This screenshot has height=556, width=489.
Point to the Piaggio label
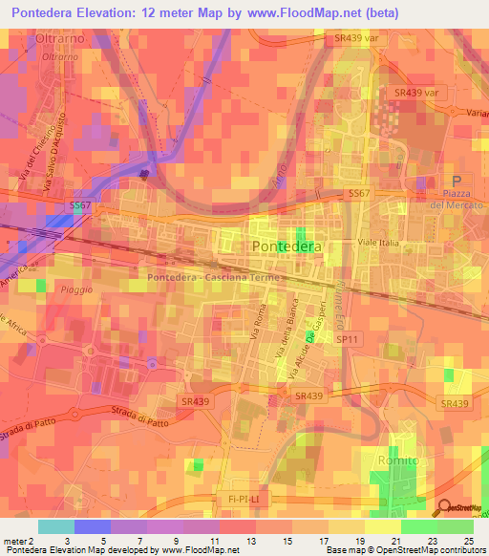tap(74, 289)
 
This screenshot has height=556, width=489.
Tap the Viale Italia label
tap(377, 244)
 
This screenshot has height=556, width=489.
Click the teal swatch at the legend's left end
tap(55, 526)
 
